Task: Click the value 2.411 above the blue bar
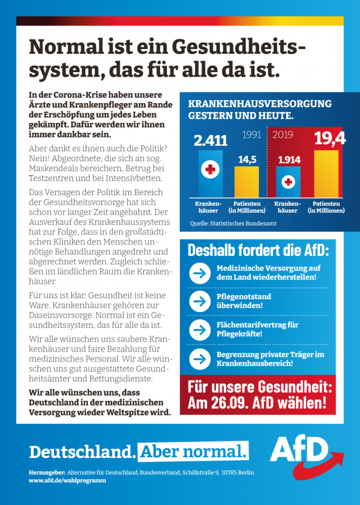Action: [x=211, y=140]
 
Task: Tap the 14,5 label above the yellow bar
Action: [x=247, y=160]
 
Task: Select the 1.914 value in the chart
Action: [x=289, y=160]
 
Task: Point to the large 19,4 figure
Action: [x=330, y=138]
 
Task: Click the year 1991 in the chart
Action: [x=251, y=134]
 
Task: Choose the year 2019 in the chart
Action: [x=283, y=134]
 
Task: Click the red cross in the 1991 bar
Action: [x=210, y=169]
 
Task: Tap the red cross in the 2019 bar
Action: [x=288, y=182]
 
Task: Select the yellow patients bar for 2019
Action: [x=326, y=174]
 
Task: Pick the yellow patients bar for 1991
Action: [x=247, y=182]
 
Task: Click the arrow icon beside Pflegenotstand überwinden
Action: [x=200, y=301]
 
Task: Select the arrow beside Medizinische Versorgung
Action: [x=200, y=273]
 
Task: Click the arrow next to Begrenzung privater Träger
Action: [x=200, y=359]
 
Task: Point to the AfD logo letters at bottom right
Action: [x=299, y=450]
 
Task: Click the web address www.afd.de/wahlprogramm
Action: [x=67, y=481]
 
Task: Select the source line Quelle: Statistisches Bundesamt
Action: [x=233, y=224]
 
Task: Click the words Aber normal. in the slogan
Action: [x=193, y=451]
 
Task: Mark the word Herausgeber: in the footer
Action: [x=46, y=473]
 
